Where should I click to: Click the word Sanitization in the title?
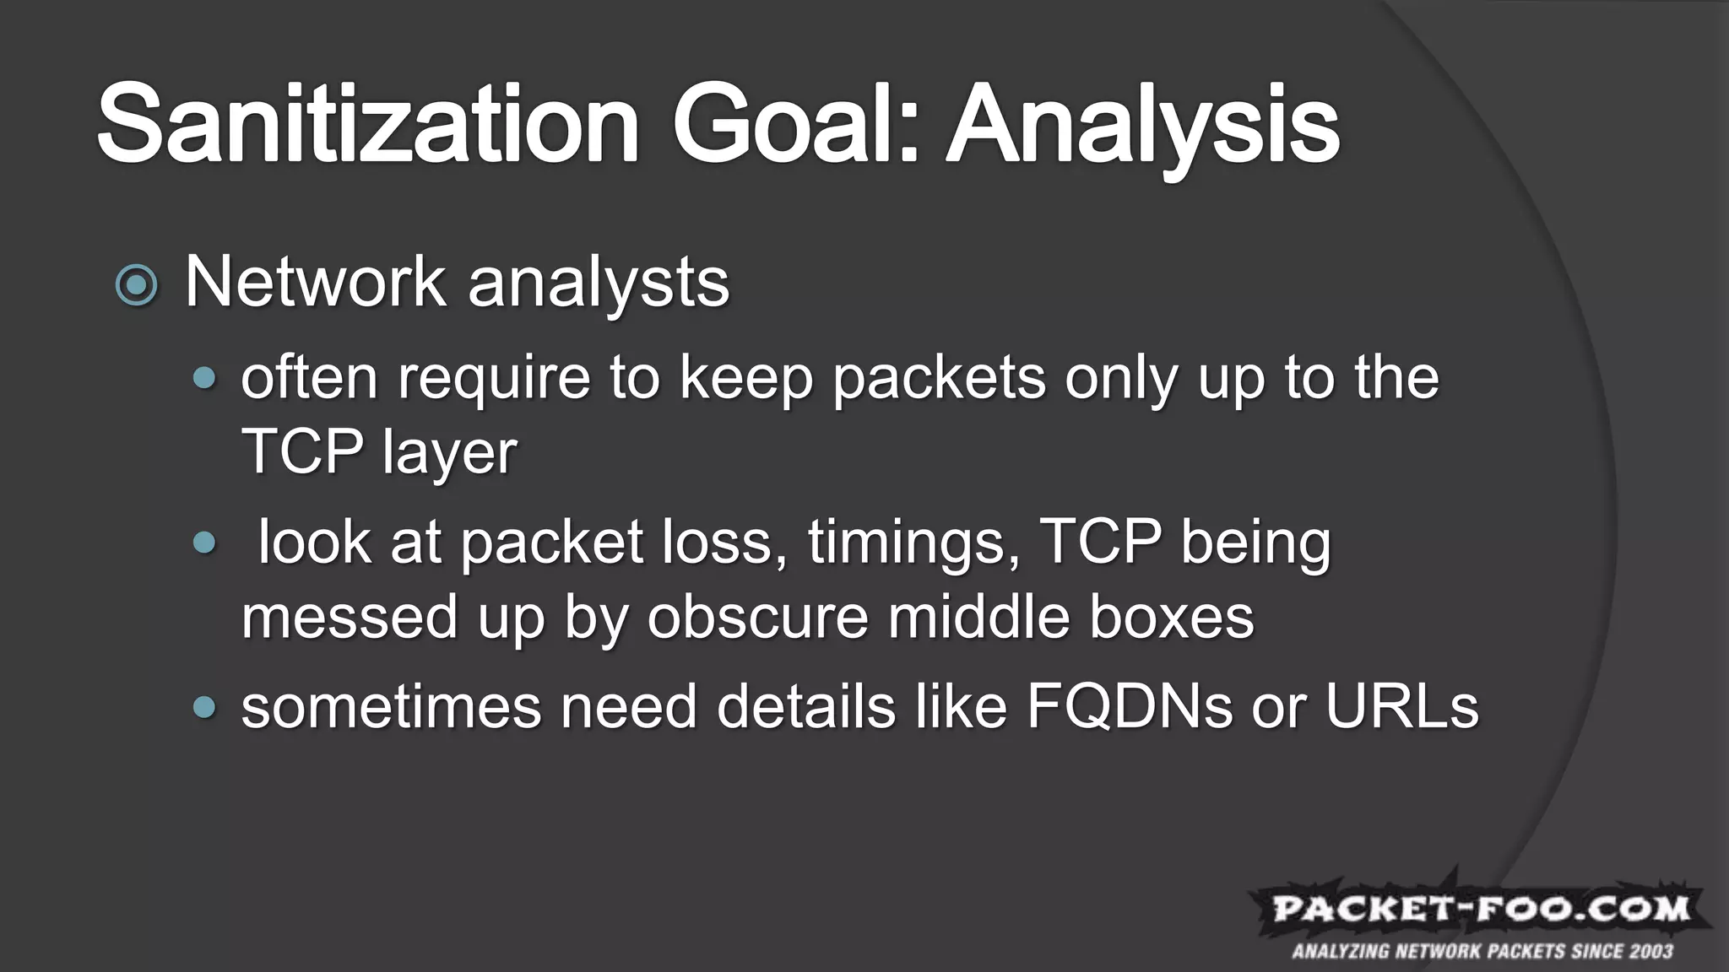tap(368, 125)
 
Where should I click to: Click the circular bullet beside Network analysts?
tap(137, 285)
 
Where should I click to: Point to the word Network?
tap(315, 282)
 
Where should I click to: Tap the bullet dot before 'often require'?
tap(203, 378)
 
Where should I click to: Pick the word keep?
tap(745, 380)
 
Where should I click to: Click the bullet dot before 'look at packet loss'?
tap(203, 543)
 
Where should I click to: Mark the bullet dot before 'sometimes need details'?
tap(203, 707)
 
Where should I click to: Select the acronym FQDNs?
tap(1130, 707)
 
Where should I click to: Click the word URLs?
tap(1401, 707)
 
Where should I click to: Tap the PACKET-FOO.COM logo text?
tap(1482, 910)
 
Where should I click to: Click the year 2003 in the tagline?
tap(1650, 953)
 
